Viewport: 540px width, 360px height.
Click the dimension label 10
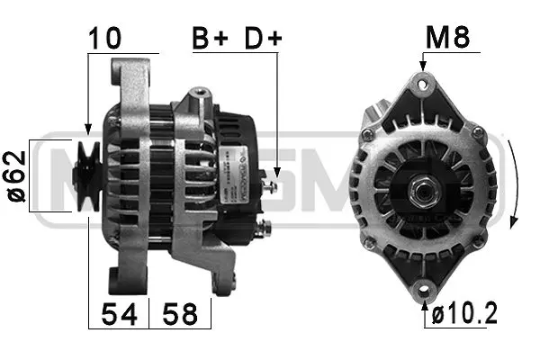(x=106, y=38)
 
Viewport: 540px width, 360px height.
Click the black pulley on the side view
(x=88, y=176)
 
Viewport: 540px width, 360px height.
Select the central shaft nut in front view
(x=420, y=192)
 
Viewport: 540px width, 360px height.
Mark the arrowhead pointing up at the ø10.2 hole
(x=423, y=305)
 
